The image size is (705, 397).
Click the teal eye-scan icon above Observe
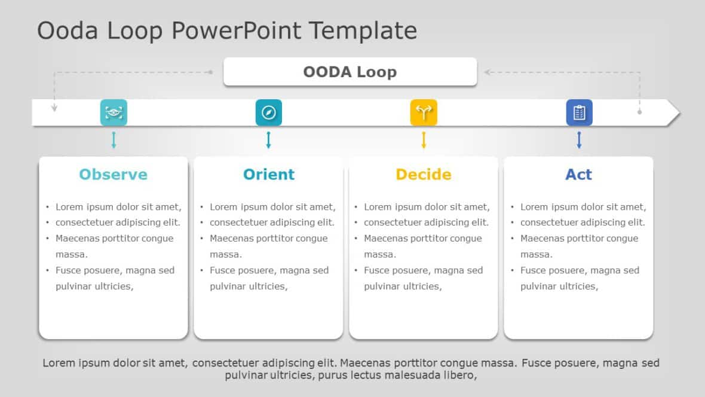(114, 112)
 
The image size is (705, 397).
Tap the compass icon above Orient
(269, 112)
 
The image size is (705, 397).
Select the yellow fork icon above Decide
(424, 112)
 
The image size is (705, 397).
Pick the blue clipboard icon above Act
(579, 112)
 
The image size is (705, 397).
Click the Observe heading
(114, 174)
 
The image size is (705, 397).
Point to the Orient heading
(269, 174)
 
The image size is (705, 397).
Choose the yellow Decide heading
(424, 174)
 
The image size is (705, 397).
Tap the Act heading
(579, 174)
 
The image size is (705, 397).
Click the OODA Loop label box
(350, 72)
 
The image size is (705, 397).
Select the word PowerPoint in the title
(236, 30)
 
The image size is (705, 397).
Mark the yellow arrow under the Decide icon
(424, 140)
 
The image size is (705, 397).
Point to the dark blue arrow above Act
(579, 140)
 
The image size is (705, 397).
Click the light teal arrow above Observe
(114, 140)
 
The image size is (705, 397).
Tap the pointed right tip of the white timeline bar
(681, 112)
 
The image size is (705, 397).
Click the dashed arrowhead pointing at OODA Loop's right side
(487, 72)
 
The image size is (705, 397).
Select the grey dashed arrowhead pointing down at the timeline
(54, 108)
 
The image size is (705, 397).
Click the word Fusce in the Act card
(534, 270)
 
